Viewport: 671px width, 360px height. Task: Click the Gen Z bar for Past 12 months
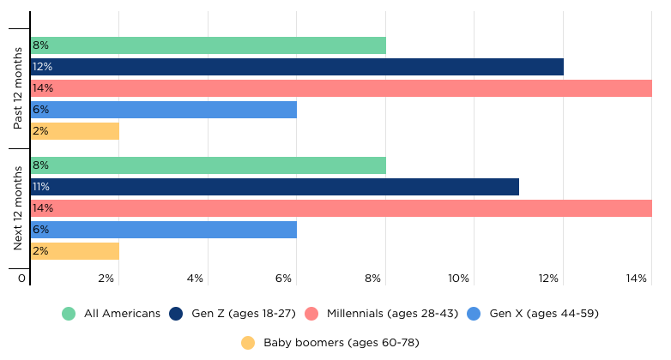(x=297, y=67)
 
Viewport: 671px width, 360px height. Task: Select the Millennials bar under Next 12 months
(x=342, y=208)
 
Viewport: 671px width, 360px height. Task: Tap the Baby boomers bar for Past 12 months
(x=75, y=131)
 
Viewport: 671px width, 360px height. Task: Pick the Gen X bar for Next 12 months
(x=164, y=230)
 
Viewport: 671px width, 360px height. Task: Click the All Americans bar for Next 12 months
(x=209, y=165)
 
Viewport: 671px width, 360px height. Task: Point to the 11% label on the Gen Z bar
(x=41, y=187)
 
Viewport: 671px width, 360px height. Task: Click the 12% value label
(x=42, y=67)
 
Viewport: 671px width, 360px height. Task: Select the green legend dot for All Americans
(x=69, y=314)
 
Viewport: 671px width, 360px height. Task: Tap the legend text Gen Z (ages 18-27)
(x=244, y=314)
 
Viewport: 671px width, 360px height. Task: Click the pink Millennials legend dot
(x=311, y=314)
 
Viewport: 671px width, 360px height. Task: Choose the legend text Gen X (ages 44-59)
(x=544, y=314)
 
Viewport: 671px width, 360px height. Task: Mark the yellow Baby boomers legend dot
(x=248, y=343)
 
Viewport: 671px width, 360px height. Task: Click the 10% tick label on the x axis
(x=458, y=279)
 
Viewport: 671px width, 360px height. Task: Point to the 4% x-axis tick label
(x=195, y=279)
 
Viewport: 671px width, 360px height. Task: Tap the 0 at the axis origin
(x=21, y=279)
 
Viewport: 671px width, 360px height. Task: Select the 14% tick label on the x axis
(x=637, y=279)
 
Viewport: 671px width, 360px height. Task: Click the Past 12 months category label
(x=17, y=88)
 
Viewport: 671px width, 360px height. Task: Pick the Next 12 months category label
(x=17, y=208)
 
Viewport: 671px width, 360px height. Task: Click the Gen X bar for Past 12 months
(x=164, y=110)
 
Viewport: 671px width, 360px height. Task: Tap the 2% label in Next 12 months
(x=40, y=251)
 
